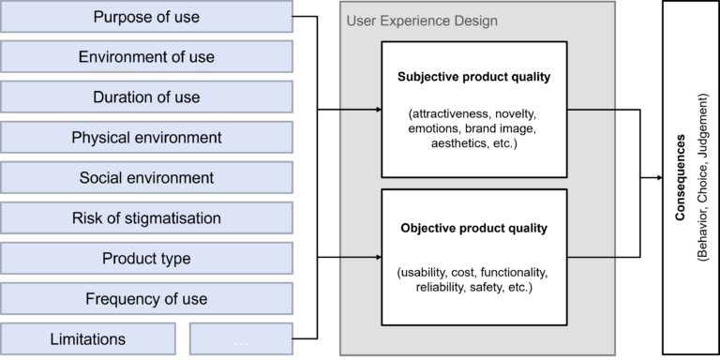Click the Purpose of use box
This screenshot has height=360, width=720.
tap(146, 17)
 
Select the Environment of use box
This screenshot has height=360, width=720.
tap(146, 57)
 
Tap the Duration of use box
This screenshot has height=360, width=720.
tap(146, 97)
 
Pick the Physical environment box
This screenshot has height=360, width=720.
tap(146, 138)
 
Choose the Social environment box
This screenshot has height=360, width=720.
tap(146, 178)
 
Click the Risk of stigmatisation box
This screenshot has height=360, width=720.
tap(146, 218)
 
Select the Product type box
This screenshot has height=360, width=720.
tap(146, 259)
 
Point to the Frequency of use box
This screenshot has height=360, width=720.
tap(146, 299)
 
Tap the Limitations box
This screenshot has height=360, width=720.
tap(87, 339)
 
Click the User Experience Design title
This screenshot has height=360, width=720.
tap(422, 21)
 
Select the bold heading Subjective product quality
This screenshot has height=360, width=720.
tap(472, 77)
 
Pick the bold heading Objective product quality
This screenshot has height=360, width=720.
tap(472, 228)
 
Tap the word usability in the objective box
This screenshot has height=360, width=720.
tap(427, 272)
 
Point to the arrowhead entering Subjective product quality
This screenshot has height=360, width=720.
tap(379, 110)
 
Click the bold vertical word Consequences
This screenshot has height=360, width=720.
tap(681, 178)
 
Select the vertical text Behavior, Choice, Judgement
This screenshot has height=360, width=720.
tap(702, 178)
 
